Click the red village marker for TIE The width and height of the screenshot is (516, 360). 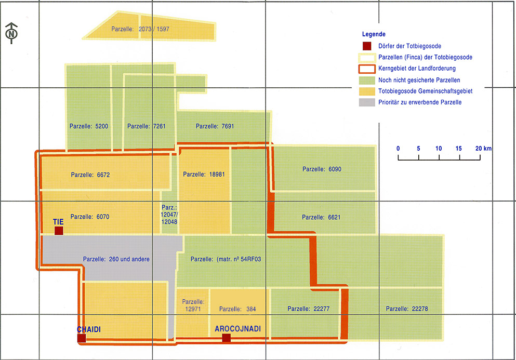[x=59, y=231]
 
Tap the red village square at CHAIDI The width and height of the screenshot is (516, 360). [x=82, y=338]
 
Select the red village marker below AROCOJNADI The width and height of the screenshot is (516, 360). [x=227, y=338]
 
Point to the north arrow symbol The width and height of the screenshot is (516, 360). [x=11, y=33]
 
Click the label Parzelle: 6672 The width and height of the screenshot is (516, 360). [x=90, y=175]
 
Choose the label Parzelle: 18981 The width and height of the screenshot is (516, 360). [x=204, y=174]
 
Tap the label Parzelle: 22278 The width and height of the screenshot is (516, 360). [x=407, y=309]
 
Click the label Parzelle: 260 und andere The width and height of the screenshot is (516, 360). [x=116, y=259]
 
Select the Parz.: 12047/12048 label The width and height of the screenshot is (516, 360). [x=169, y=215]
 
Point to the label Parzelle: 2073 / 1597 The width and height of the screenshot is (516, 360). [x=140, y=29]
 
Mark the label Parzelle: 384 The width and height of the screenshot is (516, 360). [x=237, y=309]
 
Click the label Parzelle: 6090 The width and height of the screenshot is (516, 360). [x=322, y=169]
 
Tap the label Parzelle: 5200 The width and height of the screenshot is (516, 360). [x=88, y=126]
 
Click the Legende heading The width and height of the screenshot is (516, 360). [x=374, y=34]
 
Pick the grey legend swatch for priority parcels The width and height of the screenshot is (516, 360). [x=367, y=102]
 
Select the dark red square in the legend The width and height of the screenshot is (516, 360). [x=367, y=46]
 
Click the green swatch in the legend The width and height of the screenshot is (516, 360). [x=367, y=80]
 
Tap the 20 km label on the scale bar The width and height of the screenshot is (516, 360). [x=483, y=149]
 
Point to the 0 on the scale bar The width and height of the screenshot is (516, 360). [x=398, y=149]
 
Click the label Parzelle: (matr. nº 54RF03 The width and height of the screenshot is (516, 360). [x=226, y=259]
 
